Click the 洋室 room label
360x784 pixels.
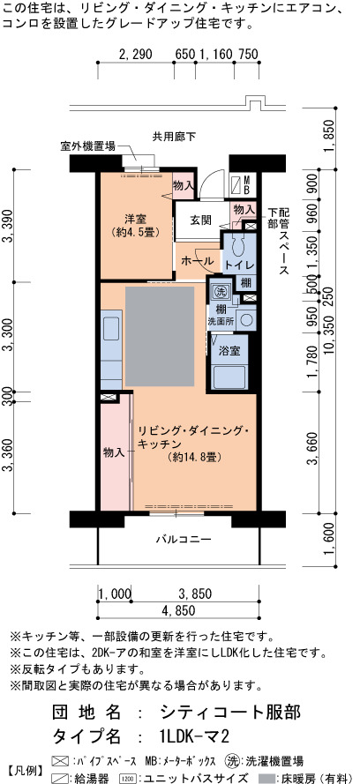(135, 219)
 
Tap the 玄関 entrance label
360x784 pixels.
(200, 220)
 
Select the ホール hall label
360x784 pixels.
(198, 260)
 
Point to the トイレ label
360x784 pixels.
(239, 265)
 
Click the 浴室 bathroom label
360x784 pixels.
(229, 350)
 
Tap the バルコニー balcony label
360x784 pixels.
(183, 539)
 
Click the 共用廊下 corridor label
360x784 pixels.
(174, 136)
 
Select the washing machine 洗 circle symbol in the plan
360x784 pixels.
(220, 290)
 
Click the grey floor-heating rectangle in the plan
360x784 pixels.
(160, 336)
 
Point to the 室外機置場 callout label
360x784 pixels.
(88, 146)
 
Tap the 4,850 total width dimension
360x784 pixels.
(178, 610)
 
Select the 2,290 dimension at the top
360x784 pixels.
(136, 54)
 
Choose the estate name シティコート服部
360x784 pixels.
(231, 711)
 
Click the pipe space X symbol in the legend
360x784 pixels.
(60, 760)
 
